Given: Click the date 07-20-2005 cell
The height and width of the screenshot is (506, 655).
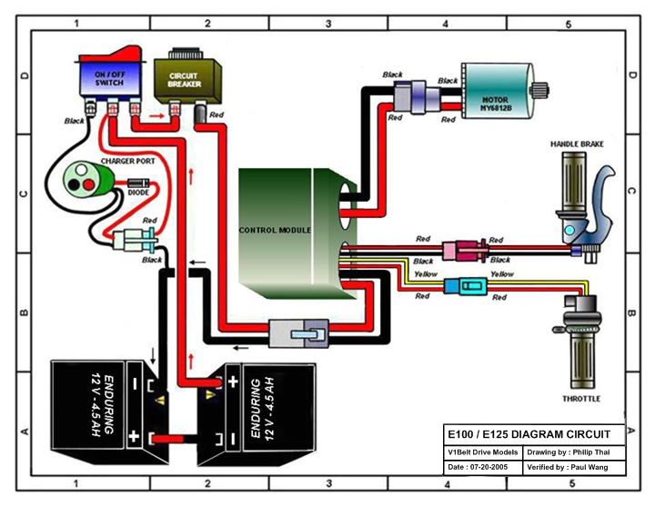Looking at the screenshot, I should point(482,467).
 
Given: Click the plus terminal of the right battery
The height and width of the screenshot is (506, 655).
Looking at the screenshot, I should point(231,382).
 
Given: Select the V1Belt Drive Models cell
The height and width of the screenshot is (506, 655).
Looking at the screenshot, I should point(482,451).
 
